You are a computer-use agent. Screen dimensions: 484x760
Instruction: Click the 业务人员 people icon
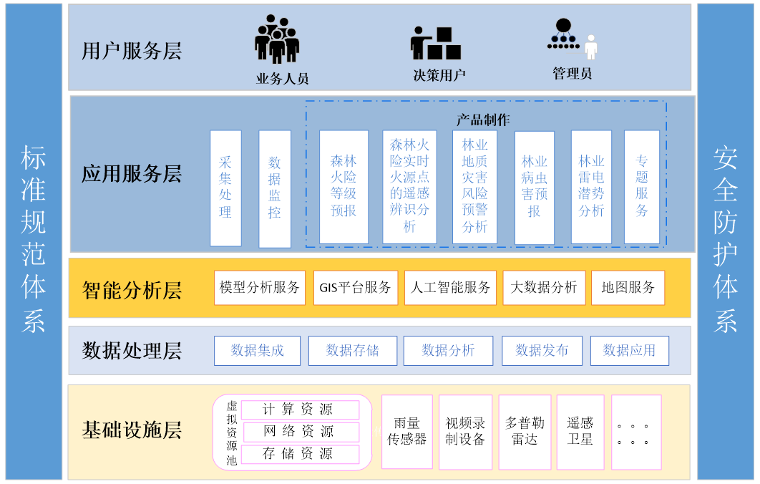277,39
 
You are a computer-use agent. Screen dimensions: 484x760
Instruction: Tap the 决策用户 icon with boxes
435,44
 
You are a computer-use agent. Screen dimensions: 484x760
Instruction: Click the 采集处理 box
225,188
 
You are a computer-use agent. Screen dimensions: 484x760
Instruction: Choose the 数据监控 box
275,188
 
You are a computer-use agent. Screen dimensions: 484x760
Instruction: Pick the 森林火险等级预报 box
344,186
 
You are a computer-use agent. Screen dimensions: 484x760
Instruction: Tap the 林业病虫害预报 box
534,187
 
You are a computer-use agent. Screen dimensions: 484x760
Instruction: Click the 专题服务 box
642,186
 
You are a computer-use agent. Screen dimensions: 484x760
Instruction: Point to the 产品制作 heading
483,120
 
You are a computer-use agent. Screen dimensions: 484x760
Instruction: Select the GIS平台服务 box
356,287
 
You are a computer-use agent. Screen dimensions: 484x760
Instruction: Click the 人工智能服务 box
451,287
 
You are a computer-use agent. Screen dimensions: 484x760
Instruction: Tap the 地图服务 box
628,287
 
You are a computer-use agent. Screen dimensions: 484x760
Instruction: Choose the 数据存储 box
352,351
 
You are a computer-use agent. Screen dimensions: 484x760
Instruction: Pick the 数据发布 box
542,351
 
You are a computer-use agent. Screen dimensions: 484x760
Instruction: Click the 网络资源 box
300,432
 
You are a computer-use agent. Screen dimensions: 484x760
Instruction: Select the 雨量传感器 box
407,432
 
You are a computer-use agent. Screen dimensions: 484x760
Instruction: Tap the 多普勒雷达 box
525,432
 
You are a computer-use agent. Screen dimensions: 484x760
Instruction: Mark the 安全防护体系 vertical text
725,241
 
